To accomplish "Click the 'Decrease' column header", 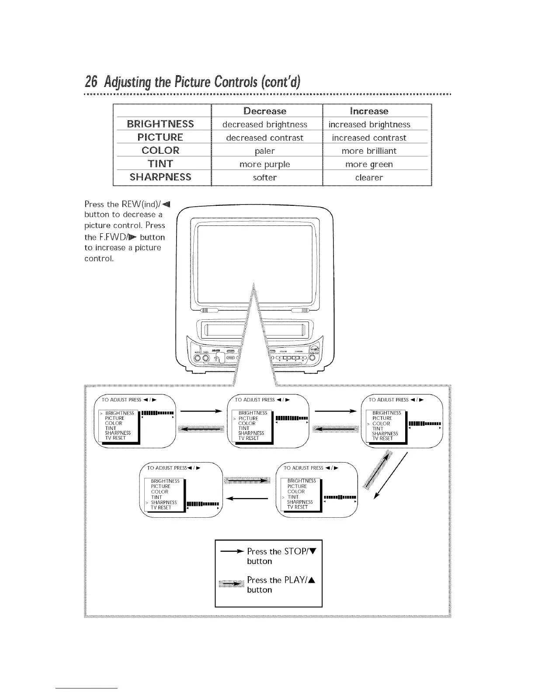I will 265,111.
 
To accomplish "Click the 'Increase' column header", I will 369,111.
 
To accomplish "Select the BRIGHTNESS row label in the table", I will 160,124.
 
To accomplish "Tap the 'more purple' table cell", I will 265,164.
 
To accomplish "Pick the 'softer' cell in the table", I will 265,177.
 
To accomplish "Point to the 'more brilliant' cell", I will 369,151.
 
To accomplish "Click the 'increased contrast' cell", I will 369,138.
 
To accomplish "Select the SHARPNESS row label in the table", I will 160,177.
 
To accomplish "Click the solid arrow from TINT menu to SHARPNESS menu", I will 247,498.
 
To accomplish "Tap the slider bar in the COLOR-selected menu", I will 424,423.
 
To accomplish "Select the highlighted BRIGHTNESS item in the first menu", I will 119,413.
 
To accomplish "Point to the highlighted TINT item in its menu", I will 292,497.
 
